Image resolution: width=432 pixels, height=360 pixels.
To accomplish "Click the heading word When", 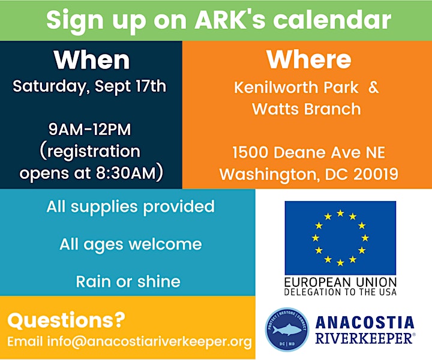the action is click(x=92, y=60).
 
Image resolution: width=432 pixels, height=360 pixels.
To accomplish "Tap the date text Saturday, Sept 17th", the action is click(x=89, y=87).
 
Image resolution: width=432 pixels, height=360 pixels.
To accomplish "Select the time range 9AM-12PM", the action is click(x=90, y=130).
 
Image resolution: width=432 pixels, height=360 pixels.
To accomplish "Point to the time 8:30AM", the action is click(x=126, y=173).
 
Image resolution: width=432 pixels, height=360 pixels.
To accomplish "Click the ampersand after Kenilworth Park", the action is click(x=374, y=88).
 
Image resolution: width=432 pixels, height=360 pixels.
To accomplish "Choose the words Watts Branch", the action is click(x=307, y=109).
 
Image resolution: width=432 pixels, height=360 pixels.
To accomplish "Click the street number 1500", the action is click(x=250, y=152).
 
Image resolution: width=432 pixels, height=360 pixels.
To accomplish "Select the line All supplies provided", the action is click(x=130, y=207).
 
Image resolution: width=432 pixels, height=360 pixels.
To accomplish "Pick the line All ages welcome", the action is click(x=131, y=244).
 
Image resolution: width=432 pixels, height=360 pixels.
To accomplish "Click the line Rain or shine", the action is click(x=128, y=281).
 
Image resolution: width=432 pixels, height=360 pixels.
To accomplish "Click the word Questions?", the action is click(x=67, y=320).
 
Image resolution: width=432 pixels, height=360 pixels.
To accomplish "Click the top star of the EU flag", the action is click(x=340, y=213).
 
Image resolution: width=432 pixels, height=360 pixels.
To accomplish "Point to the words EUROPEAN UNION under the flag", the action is click(x=340, y=283).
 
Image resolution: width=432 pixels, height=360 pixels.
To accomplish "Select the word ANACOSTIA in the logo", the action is click(x=365, y=323).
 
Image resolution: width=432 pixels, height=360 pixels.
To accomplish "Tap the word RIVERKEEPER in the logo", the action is click(x=364, y=338).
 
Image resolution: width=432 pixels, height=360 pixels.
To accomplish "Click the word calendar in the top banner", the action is click(x=332, y=20).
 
